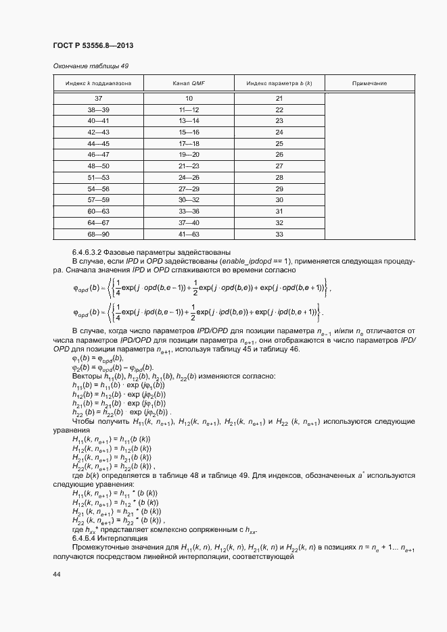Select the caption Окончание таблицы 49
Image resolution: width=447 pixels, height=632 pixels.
pyautogui.click(x=90, y=66)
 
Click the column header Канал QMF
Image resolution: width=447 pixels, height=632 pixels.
pyautogui.click(x=189, y=83)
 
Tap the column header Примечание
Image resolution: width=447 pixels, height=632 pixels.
pyautogui.click(x=369, y=83)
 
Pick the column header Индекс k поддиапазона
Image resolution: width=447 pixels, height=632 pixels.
pyautogui.click(x=98, y=83)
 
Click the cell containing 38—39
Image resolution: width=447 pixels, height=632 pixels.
pyautogui.click(x=98, y=110)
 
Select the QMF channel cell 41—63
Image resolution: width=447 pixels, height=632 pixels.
pyautogui.click(x=189, y=234)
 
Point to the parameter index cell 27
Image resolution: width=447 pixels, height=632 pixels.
pyautogui.click(x=279, y=166)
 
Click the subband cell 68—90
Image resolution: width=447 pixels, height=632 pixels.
pyautogui.click(x=98, y=234)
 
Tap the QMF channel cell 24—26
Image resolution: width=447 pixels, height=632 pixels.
pyautogui.click(x=189, y=177)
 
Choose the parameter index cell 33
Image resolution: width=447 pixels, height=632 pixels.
pyautogui.click(x=279, y=234)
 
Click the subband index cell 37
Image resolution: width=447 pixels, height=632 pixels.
pyautogui.click(x=98, y=99)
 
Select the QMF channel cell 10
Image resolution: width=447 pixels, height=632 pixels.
pyautogui.click(x=189, y=99)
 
